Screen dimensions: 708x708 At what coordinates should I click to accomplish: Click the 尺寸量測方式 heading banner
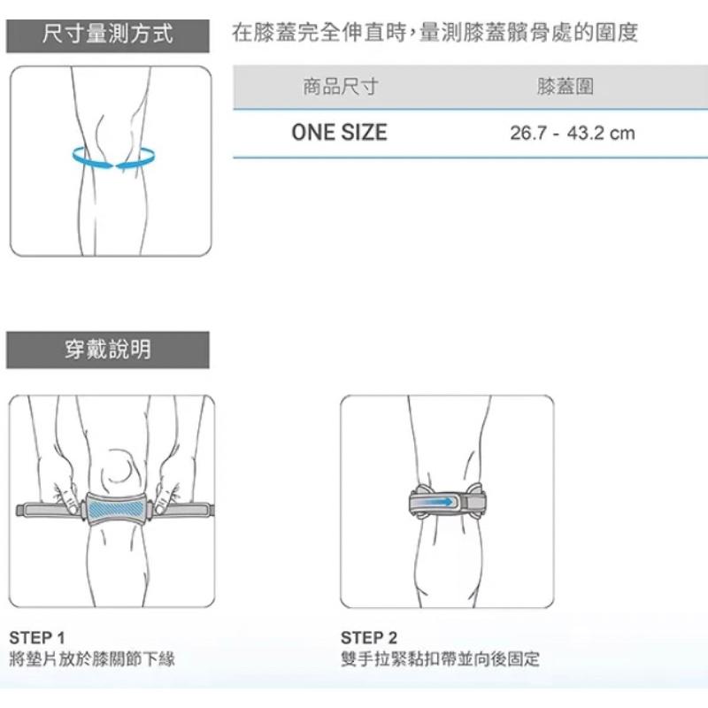(107, 35)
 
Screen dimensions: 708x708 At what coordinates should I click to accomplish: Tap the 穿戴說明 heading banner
(107, 350)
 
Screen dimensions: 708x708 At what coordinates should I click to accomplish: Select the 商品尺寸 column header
(340, 86)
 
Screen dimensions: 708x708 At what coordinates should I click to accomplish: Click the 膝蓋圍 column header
(566, 86)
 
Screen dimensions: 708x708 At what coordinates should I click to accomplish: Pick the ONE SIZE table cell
(340, 133)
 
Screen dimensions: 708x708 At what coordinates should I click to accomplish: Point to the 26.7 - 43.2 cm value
(573, 134)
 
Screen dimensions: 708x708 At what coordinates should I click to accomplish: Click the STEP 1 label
(37, 638)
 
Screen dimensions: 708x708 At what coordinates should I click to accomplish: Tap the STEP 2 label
(369, 638)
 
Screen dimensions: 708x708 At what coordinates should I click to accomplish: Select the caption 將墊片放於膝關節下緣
(92, 659)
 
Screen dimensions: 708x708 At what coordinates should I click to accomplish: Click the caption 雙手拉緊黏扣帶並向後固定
(440, 659)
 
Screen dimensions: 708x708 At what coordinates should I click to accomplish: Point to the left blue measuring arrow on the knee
(91, 158)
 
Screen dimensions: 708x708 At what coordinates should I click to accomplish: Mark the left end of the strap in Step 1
(19, 510)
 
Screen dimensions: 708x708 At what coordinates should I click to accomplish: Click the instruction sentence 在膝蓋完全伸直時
(319, 33)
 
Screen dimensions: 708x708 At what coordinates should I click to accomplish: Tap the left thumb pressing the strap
(70, 503)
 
